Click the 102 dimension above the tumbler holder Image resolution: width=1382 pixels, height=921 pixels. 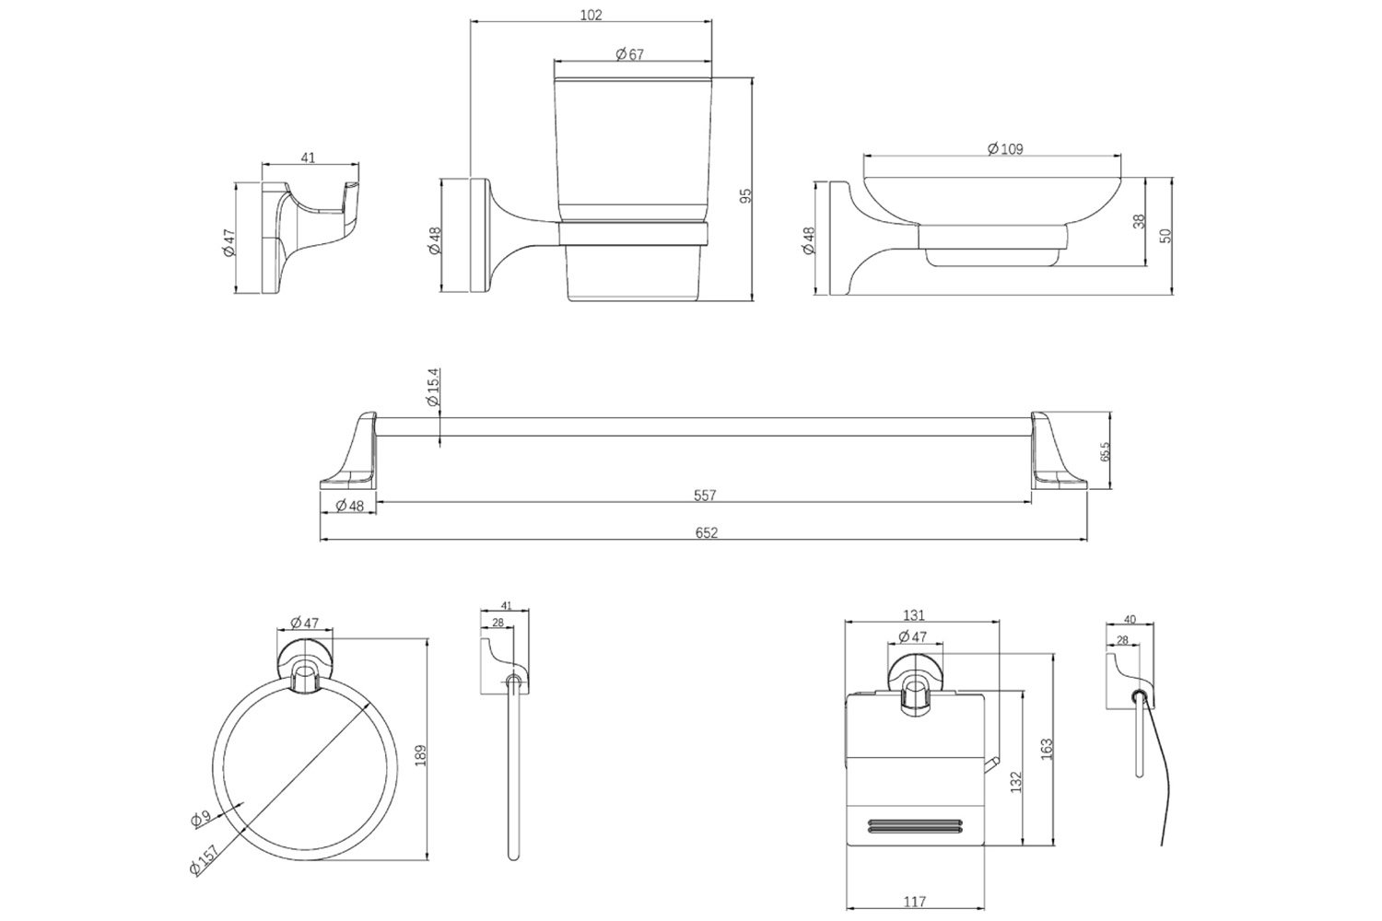coord(591,14)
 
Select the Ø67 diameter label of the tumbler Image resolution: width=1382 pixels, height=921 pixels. coord(629,54)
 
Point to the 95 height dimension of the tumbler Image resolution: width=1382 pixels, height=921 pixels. coord(746,195)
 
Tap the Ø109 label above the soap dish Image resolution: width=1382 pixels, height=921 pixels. coord(1005,148)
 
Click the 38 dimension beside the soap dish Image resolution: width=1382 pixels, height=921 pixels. coord(1139,221)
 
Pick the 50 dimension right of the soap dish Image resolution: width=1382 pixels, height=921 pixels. coord(1165,236)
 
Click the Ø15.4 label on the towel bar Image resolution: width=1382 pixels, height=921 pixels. coord(432,387)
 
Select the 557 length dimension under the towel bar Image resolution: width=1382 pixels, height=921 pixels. coord(705,495)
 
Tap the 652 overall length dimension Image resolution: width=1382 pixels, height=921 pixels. coord(707,532)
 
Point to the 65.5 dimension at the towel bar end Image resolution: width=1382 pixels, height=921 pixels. coord(1105,451)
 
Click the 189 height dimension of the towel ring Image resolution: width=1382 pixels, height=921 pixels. coord(421,755)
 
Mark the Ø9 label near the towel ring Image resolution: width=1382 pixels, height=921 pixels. coord(201,818)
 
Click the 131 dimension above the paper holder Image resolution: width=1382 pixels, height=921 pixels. coord(914,615)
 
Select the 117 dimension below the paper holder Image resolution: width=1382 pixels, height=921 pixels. coord(914,902)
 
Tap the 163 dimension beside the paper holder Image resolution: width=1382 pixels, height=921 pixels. coord(1047,749)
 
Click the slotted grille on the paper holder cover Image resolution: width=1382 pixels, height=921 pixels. coord(916,826)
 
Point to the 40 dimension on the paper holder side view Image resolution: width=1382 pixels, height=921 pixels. coord(1130,620)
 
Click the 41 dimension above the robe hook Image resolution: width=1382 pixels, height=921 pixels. coord(308,157)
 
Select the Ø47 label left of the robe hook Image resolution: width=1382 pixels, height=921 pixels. coord(228,242)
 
